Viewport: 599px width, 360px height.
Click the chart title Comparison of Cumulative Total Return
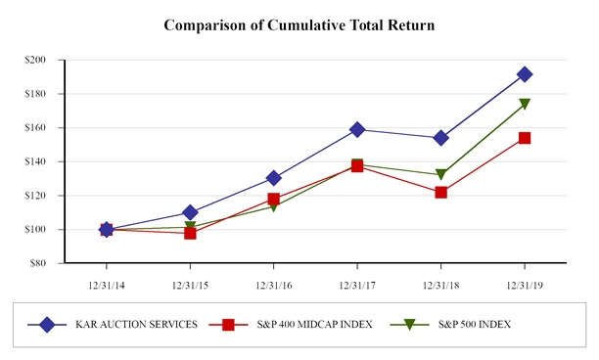coord(299,23)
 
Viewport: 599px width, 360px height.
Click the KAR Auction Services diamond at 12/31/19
coord(525,74)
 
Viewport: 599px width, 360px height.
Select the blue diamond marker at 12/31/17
coord(357,129)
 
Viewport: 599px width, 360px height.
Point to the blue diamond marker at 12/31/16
coord(273,178)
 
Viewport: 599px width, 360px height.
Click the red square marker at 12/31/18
coord(440,193)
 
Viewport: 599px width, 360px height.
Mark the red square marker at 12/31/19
coord(525,138)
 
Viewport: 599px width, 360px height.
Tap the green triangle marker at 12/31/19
coord(525,104)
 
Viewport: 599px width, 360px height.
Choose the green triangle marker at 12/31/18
coord(440,175)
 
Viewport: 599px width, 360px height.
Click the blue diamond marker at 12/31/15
coord(190,212)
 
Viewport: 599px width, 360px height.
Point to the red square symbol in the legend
coord(228,325)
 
